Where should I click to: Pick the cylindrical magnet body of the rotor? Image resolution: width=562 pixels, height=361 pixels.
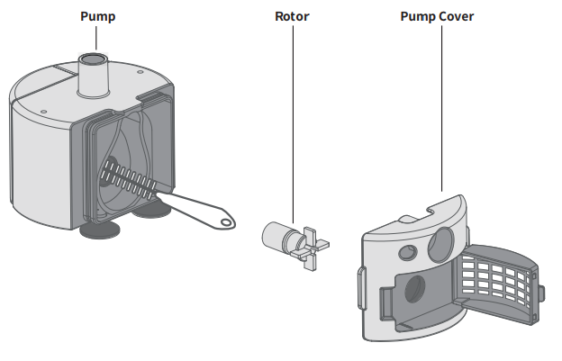[276, 237]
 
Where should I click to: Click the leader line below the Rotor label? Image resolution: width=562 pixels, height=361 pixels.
[292, 117]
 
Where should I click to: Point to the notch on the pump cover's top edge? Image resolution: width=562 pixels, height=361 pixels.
[427, 210]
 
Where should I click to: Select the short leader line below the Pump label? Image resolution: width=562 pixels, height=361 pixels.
[97, 38]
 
